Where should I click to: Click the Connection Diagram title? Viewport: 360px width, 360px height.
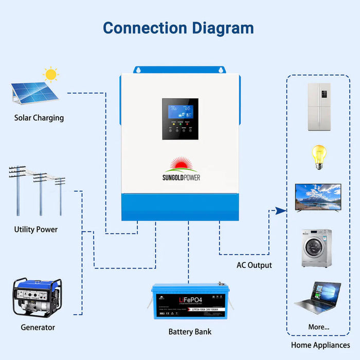178,28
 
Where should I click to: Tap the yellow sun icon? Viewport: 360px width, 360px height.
50,75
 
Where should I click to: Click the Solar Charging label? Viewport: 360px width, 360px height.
39,118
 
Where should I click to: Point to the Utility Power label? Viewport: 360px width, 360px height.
36,229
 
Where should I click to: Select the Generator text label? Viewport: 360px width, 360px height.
38,327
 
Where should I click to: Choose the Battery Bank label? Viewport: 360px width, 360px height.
190,332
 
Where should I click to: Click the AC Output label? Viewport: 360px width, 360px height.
254,265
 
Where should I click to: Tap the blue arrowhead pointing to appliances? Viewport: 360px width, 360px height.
280,210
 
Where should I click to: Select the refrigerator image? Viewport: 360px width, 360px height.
318,106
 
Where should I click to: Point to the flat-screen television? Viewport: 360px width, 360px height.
318,197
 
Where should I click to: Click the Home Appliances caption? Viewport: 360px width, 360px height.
320,345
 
